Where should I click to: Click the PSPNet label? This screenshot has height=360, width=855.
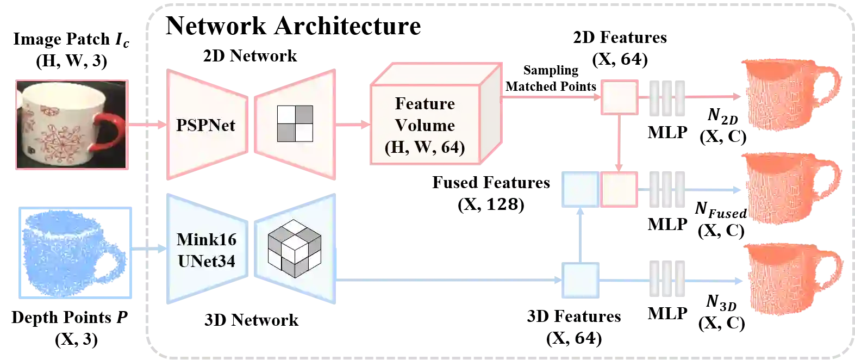pos(205,125)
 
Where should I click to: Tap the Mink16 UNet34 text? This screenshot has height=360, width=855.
pos(207,250)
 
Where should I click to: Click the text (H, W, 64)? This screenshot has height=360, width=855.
pos(425,147)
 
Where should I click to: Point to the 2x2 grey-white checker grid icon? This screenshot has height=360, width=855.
pos(295,123)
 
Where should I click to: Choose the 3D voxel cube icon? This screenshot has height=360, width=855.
pos(294,249)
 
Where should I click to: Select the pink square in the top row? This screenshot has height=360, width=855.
pos(619,98)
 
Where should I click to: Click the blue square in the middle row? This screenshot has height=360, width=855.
pos(581,189)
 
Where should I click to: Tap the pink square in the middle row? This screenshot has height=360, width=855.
pos(619,189)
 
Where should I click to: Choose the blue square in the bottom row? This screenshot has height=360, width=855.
pos(581,280)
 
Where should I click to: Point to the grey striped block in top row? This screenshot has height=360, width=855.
pos(667,98)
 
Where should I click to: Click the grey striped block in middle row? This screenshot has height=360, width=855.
pos(667,189)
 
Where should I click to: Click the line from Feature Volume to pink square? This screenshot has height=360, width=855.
pos(549,98)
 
